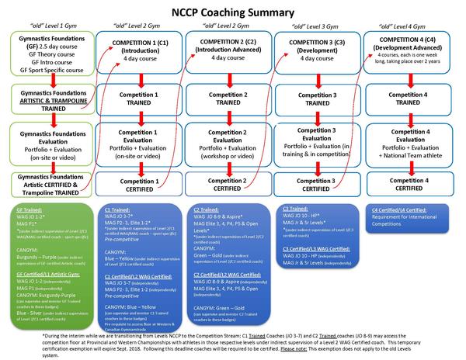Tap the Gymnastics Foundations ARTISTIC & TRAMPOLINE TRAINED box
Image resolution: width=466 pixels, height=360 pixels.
click(x=47, y=98)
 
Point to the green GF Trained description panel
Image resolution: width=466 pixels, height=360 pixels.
click(x=47, y=256)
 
